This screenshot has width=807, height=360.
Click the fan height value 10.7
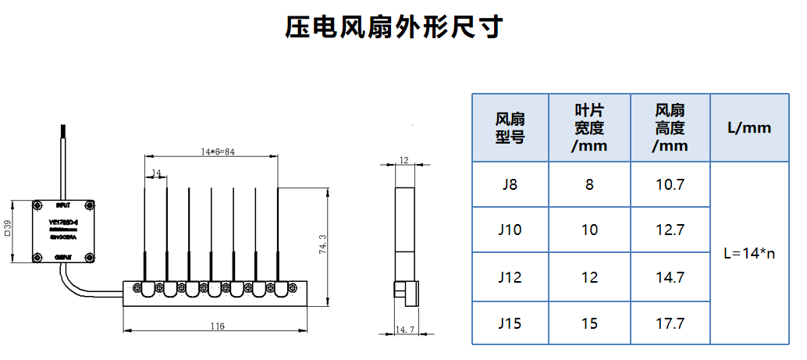tap(670, 185)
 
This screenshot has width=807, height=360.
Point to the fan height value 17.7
tap(670, 322)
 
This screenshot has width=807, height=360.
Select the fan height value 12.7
tap(670, 230)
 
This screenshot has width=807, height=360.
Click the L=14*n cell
tap(749, 254)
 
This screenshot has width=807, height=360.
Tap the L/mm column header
tap(748, 128)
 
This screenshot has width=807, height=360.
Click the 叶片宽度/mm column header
tap(589, 128)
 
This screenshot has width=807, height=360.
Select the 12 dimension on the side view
tap(403, 160)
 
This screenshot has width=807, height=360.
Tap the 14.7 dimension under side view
tap(404, 330)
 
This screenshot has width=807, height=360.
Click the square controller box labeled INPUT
tap(62, 231)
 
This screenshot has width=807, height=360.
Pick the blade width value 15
tap(589, 322)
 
